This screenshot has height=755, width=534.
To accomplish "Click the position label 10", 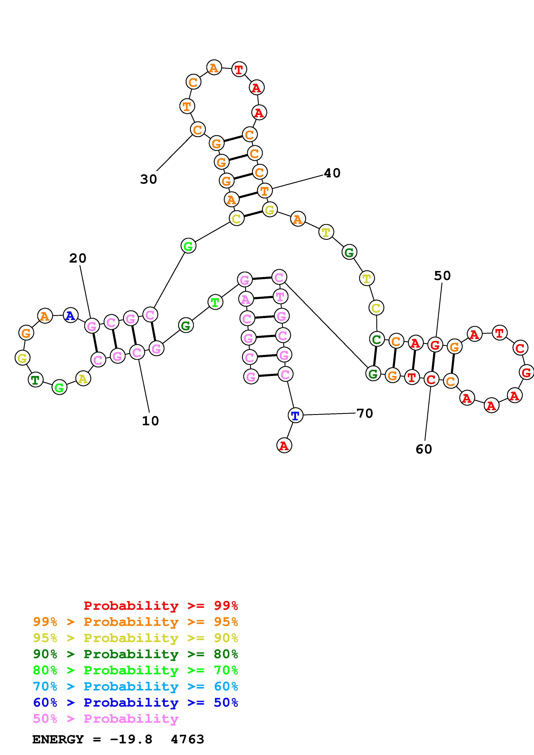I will point(150,421).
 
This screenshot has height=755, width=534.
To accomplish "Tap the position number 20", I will point(78,258).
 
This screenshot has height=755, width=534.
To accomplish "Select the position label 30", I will point(148,179).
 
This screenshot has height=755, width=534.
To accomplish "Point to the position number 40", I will point(332,173).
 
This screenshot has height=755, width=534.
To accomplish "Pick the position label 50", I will point(442,276).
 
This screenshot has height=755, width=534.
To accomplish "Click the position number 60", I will point(424,449).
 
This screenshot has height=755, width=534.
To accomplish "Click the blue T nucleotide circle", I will point(295,415).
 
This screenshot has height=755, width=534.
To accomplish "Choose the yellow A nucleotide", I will point(83,379).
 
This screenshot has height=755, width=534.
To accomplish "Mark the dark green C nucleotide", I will point(377,339).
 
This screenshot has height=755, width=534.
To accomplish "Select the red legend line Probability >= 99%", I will point(160,606).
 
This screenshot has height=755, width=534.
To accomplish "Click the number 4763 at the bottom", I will point(188,740).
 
